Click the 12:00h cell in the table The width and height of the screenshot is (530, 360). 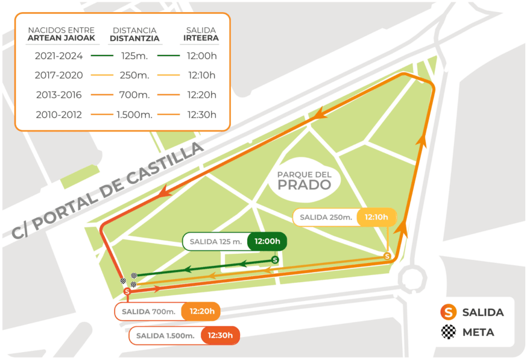coord(202,56)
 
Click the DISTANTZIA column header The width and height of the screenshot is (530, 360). coord(134,39)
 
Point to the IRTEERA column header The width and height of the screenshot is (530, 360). coord(201,39)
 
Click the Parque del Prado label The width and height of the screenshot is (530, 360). coord(304,180)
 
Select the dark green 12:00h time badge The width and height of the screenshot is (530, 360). coord(267,241)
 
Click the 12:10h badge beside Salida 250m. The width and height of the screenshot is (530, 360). coord(376,217)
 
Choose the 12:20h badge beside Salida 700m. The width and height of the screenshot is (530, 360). coord(201,312)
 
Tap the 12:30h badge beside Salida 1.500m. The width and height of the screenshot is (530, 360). coord(220,336)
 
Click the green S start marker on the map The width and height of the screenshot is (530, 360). coord(276,260)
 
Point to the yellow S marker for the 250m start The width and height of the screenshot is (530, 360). coord(387,256)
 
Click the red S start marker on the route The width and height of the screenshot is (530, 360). coord(127,292)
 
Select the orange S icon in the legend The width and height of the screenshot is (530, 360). coord(447,312)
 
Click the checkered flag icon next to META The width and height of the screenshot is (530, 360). coord(447,332)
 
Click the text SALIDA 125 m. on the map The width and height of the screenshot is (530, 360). coord(215,241)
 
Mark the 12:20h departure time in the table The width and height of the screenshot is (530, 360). coord(202,95)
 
